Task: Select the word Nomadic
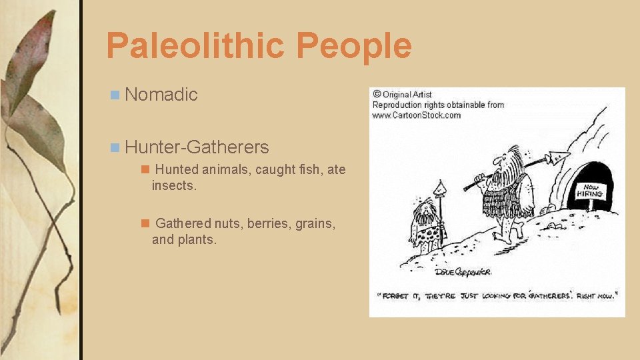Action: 161,95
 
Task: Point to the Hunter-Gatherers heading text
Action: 196,147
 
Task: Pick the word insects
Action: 173,185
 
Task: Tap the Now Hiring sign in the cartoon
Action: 591,192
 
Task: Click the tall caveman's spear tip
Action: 557,158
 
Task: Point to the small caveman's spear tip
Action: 438,189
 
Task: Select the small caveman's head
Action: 425,212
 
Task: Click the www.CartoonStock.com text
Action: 416,115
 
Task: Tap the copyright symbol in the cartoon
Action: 377,94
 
